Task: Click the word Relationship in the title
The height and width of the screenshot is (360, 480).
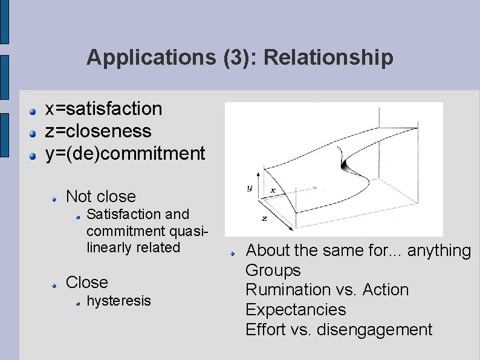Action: (x=329, y=58)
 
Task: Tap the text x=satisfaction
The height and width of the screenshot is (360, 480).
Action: (x=104, y=109)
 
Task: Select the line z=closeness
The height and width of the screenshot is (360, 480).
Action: (x=99, y=131)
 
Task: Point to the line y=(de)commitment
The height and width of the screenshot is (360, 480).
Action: (x=126, y=154)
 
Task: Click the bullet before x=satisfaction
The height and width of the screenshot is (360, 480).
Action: (x=35, y=111)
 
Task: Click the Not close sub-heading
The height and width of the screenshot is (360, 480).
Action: (x=100, y=196)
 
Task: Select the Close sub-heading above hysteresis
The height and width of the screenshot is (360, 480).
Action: (x=86, y=283)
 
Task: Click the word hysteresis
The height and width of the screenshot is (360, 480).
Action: (x=118, y=301)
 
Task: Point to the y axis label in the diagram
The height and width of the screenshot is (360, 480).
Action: (x=249, y=188)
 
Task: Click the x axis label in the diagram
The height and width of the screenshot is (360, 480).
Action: (x=273, y=190)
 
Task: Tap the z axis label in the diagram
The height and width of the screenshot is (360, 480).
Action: (x=264, y=217)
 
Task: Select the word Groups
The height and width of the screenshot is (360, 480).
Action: (x=273, y=270)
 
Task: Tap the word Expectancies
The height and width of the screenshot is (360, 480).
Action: (x=296, y=310)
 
